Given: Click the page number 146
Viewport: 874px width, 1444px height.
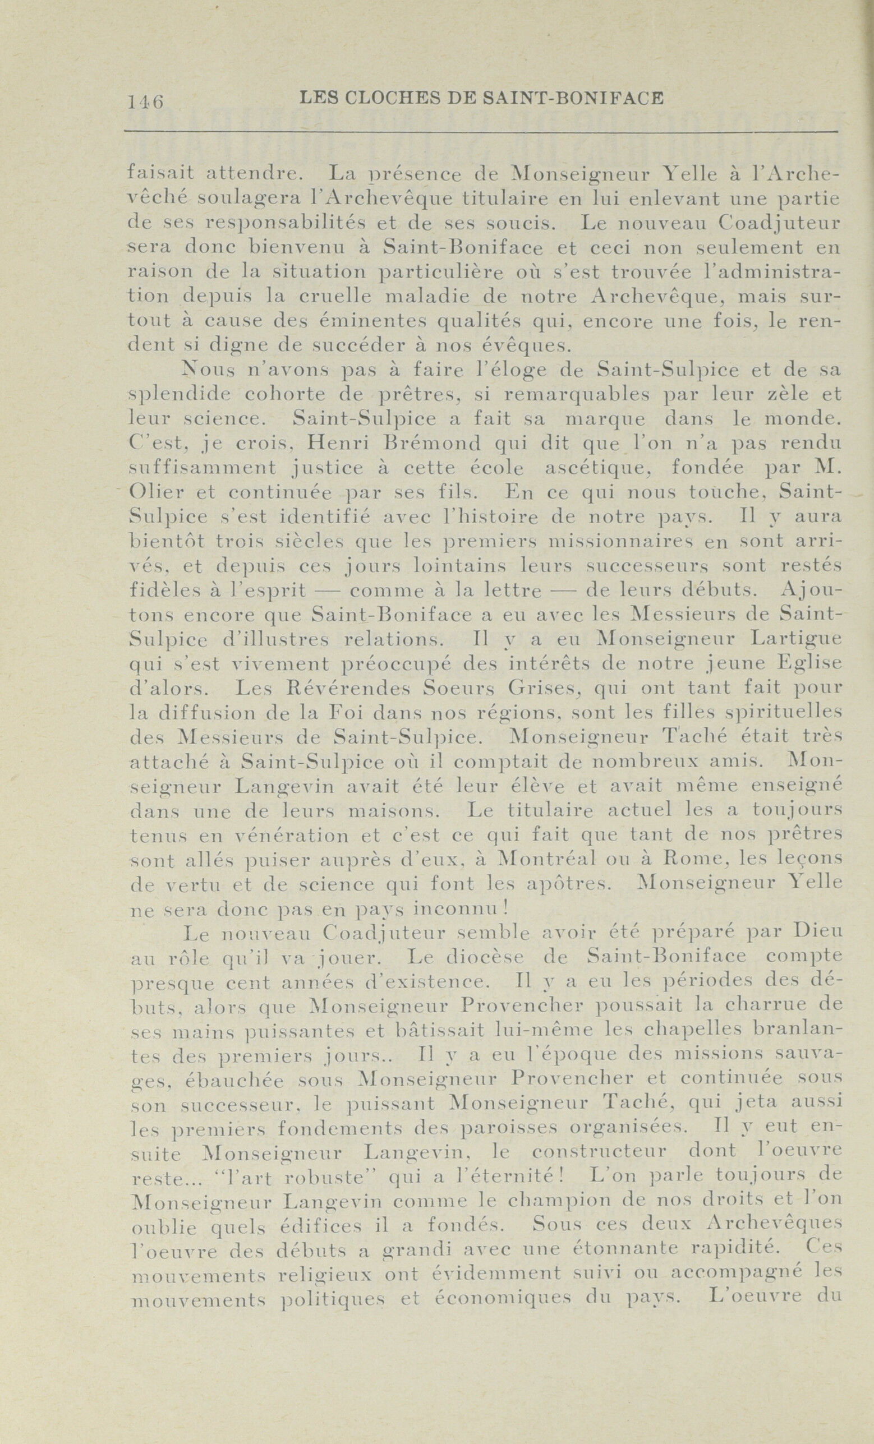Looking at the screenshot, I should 145,102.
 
